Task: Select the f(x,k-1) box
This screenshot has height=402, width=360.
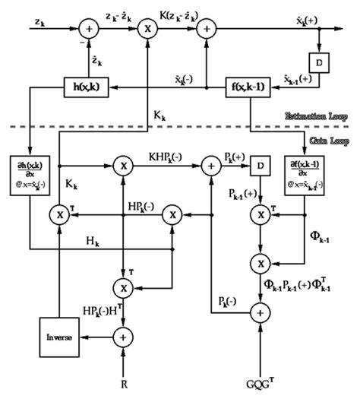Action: pyautogui.click(x=249, y=88)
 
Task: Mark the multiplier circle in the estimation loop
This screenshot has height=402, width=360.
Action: pyautogui.click(x=144, y=30)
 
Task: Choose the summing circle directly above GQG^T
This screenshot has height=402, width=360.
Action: pyautogui.click(x=260, y=312)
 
